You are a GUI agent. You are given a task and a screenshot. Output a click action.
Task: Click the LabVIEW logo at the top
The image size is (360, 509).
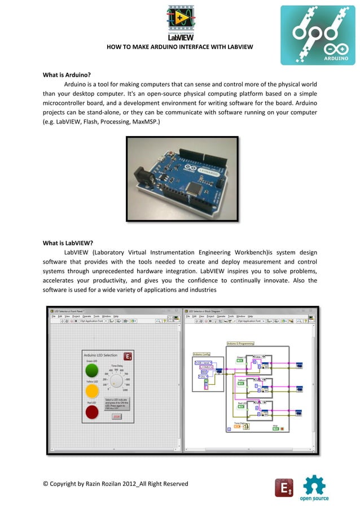tap(180, 22)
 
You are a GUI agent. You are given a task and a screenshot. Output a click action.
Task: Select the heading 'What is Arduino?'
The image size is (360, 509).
tap(67, 74)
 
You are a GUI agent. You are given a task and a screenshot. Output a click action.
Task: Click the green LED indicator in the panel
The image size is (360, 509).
tap(91, 370)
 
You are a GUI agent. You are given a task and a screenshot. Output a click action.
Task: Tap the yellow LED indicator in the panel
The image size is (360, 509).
tap(91, 390)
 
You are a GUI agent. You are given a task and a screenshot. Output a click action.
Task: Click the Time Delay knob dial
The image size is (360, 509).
tap(117, 381)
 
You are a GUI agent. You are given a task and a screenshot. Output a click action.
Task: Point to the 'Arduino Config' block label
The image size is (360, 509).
tap(201, 354)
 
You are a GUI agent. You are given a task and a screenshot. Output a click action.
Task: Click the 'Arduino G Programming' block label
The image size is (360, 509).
tap(240, 343)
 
